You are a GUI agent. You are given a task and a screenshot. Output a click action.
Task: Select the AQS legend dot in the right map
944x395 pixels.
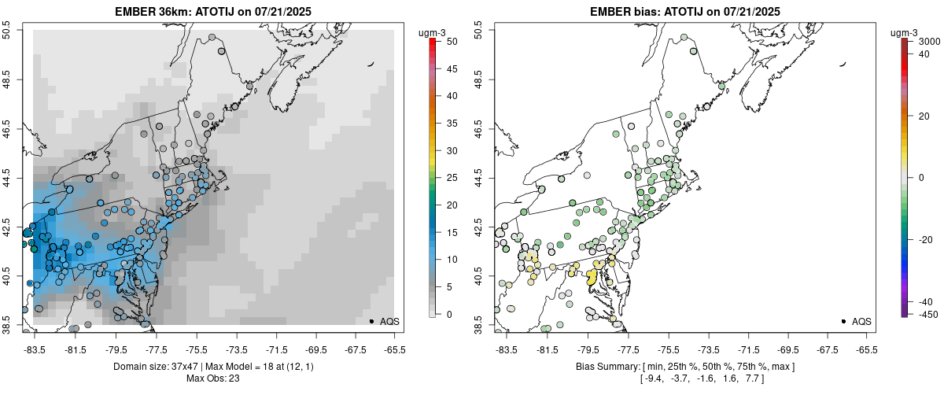[x=843, y=321]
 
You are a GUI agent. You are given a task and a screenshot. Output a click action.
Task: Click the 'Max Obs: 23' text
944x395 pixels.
[x=212, y=378]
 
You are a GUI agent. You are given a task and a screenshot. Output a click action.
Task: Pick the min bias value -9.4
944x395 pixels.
[x=653, y=378]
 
